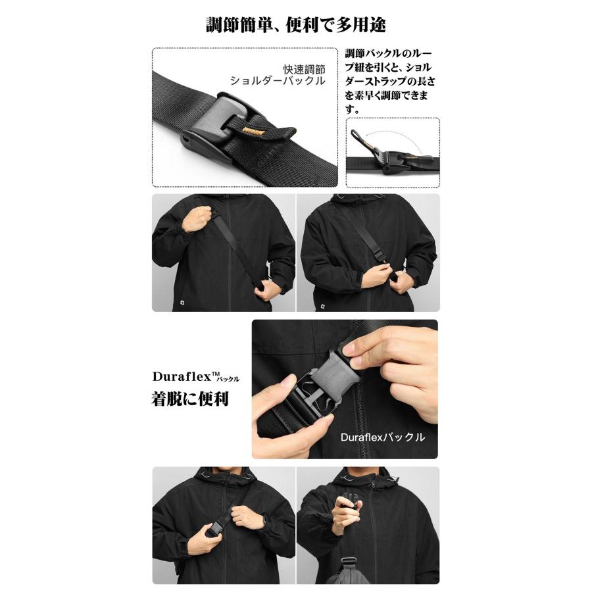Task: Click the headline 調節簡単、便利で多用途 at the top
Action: coord(295,25)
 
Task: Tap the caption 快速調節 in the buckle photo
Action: coord(304,68)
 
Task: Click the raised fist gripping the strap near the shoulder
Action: coord(196,218)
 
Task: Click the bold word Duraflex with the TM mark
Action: coord(185,377)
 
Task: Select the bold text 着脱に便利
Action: coord(190,398)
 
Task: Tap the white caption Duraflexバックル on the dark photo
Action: coord(382,437)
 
